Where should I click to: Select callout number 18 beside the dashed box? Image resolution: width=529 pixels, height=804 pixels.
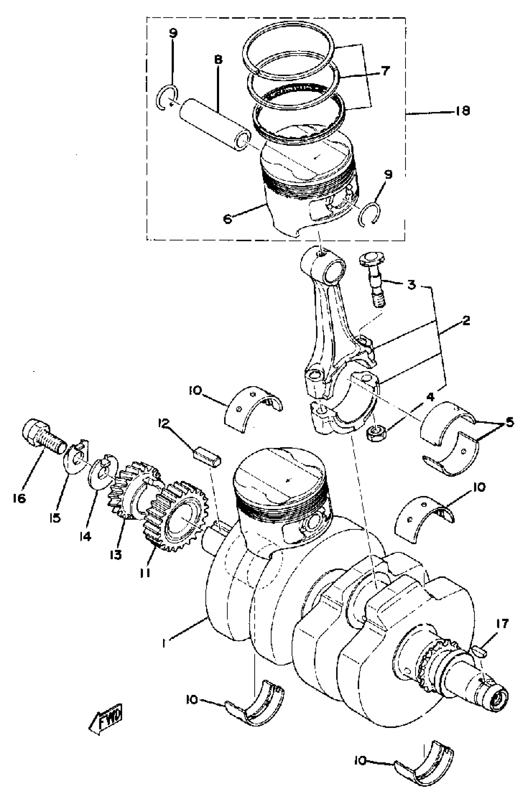[x=462, y=111]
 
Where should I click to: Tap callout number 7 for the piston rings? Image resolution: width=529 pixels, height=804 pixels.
[x=385, y=71]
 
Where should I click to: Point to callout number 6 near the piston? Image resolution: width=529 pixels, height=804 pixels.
[x=228, y=219]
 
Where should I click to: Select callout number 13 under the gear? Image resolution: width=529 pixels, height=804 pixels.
[x=116, y=554]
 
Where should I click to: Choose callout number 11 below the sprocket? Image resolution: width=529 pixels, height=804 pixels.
[x=144, y=572]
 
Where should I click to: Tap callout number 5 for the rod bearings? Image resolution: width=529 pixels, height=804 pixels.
[x=509, y=422]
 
